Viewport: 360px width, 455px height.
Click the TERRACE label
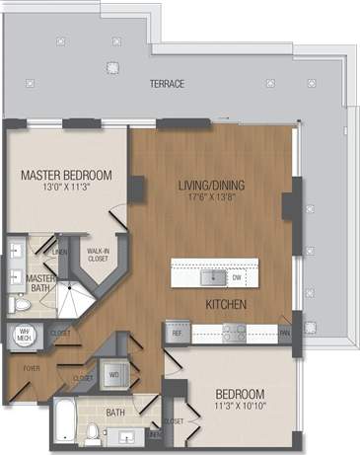click(x=167, y=84)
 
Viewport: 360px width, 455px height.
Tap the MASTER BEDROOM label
click(x=66, y=176)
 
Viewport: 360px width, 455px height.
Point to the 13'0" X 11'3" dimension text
click(x=66, y=190)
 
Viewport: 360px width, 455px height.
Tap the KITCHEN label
click(x=226, y=304)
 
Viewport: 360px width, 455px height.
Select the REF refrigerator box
click(x=178, y=334)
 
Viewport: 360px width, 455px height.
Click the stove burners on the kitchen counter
click(x=234, y=334)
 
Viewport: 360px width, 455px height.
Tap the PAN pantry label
click(x=284, y=334)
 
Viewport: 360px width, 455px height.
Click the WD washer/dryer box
click(x=113, y=375)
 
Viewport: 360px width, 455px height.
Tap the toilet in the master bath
click(x=21, y=305)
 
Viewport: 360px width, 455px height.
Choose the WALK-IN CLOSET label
click(x=97, y=256)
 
